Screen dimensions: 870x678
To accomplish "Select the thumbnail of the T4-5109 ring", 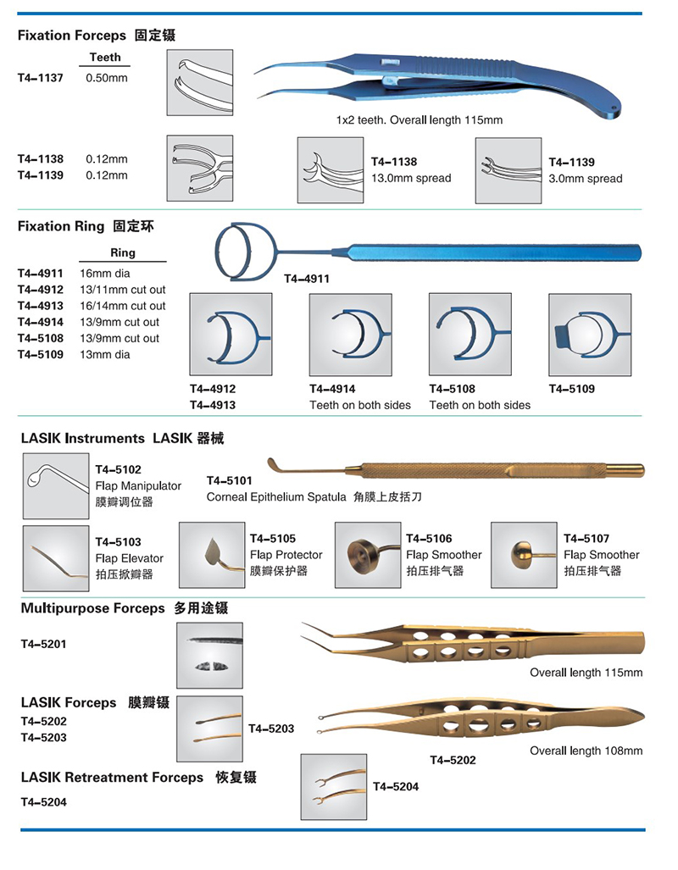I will pos(590,335).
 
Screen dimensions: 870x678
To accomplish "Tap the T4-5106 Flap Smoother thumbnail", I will pos(368,555).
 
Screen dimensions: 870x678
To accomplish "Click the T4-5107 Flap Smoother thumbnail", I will pos(525,555).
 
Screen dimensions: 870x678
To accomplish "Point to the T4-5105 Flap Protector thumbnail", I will pos(212,555).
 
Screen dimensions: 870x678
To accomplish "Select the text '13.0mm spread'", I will pos(411,178).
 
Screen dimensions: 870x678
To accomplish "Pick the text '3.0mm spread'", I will pos(586,179).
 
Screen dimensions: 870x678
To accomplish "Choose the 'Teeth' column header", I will pos(105,58).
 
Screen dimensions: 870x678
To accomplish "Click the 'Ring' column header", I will pos(123,252).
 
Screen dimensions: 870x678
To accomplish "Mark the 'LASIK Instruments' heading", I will pos(83,438).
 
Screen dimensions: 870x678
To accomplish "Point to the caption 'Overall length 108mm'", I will pos(586,751).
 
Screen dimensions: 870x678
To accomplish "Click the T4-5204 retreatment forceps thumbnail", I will pos(334,787).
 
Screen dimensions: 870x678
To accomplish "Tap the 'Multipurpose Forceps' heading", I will pos(92,608).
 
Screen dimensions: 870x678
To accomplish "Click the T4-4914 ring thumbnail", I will pos(350,335).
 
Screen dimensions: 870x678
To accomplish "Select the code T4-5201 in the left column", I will pos(43,644).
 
